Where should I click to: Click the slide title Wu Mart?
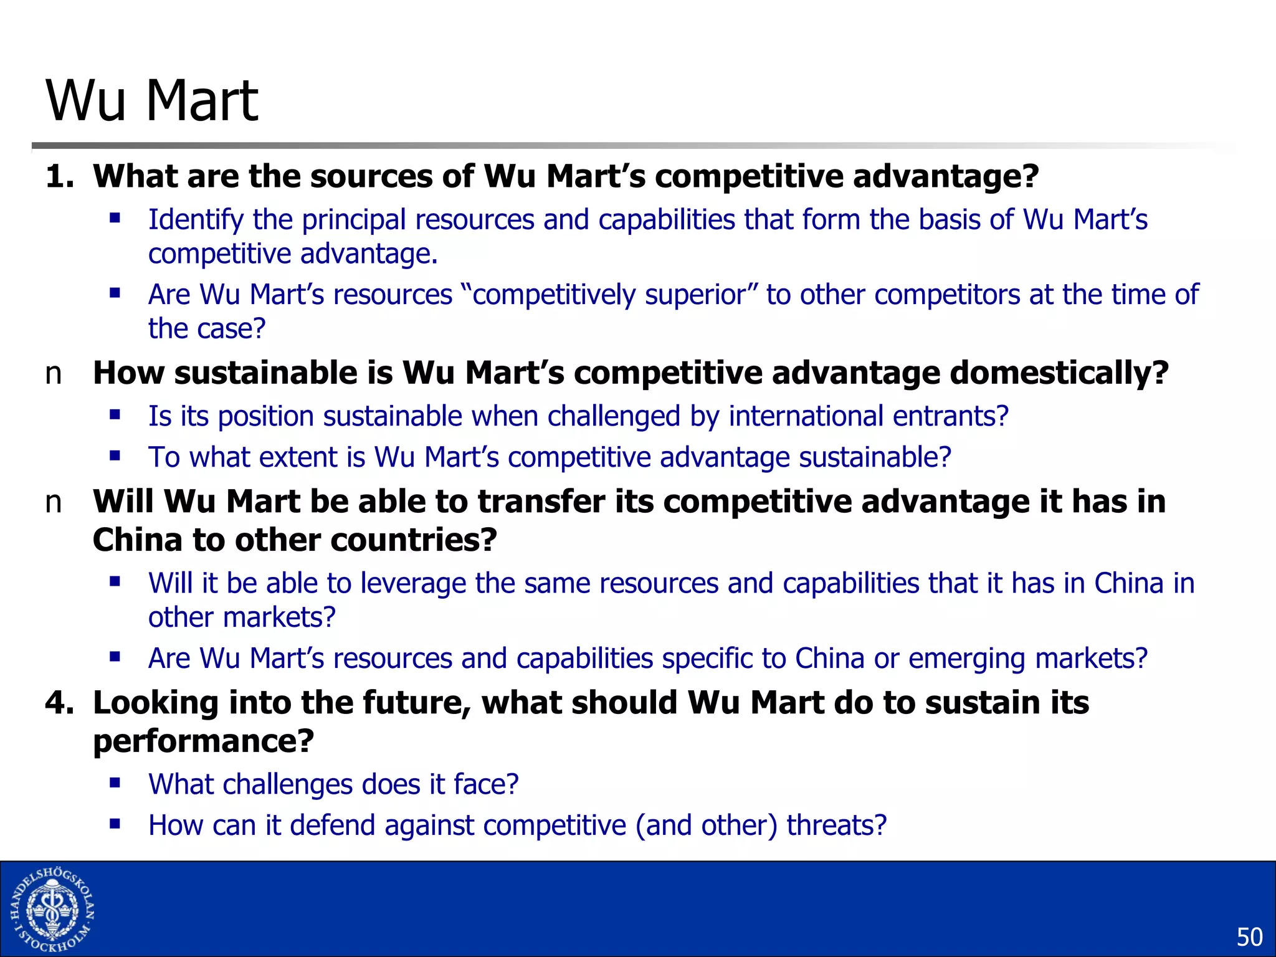pos(152,100)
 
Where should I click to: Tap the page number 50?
pos(1249,937)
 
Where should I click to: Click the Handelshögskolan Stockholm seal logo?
pos(52,910)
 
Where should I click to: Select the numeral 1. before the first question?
pos(59,176)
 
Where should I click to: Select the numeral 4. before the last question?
pos(59,703)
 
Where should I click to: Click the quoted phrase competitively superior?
pos(609,295)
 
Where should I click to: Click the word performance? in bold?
pos(204,741)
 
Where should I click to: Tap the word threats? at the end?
pos(836,826)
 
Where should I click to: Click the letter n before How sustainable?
pos(54,374)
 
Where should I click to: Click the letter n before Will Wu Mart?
pos(54,503)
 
